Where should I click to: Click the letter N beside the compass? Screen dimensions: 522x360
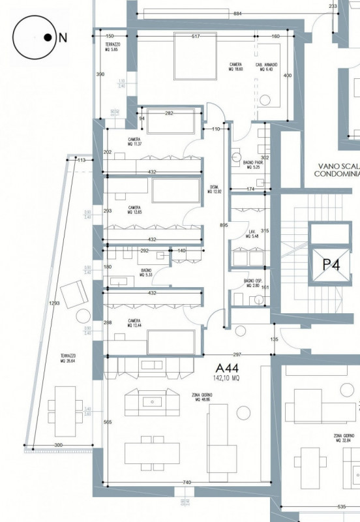point(63,38)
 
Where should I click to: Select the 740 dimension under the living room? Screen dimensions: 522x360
point(187,482)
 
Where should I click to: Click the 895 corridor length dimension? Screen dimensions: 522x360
point(224,226)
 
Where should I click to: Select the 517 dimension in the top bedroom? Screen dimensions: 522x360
point(196,36)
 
